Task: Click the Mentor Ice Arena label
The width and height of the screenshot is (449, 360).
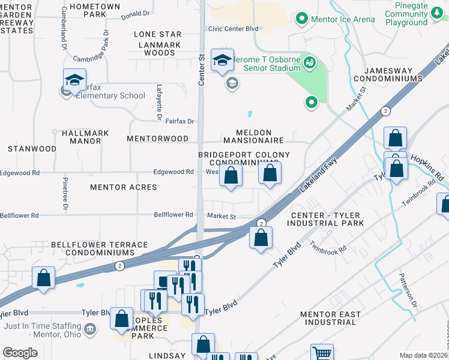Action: pyautogui.click(x=343, y=19)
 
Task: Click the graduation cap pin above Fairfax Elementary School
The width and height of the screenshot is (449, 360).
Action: pyautogui.click(x=75, y=80)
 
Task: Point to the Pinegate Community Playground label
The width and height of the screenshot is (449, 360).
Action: pyautogui.click(x=406, y=14)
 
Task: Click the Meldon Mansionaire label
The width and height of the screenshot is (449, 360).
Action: pyautogui.click(x=253, y=136)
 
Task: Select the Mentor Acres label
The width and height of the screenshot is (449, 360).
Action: pyautogui.click(x=124, y=187)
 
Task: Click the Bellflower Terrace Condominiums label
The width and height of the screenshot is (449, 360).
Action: pyautogui.click(x=100, y=249)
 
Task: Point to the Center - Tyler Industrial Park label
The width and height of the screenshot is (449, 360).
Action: pyautogui.click(x=327, y=219)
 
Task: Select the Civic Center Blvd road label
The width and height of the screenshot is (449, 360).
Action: pyautogui.click(x=233, y=28)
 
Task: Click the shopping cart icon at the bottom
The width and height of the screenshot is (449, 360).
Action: pyautogui.click(x=322, y=353)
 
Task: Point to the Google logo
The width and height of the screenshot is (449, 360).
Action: pyautogui.click(x=20, y=353)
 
